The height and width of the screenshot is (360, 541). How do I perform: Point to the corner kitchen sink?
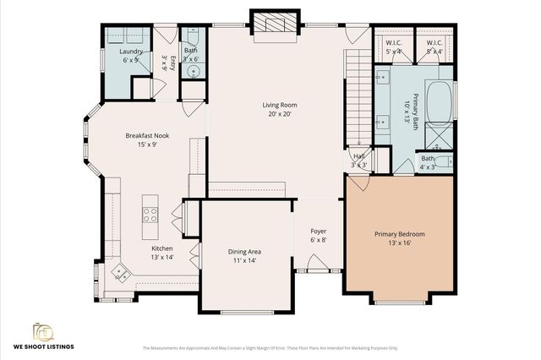pos(119,272)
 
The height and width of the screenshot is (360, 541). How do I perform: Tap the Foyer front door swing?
pos(314,265)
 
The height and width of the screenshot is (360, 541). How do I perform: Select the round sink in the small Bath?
pos(193,71)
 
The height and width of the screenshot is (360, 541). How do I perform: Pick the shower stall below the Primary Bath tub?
pos(440,135)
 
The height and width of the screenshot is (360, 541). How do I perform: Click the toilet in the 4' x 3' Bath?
pos(445,161)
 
